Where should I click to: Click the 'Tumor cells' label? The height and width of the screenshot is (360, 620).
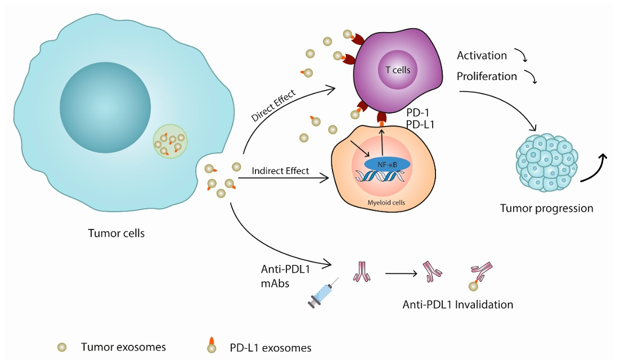(116, 233)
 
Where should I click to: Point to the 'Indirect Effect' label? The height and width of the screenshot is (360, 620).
(281, 171)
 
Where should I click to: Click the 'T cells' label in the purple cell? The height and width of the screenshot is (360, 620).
(397, 71)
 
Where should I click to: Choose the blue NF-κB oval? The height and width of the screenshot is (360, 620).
(387, 163)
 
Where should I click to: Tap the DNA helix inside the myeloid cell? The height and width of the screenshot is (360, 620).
(381, 177)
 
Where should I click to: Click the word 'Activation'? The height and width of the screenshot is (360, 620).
(482, 56)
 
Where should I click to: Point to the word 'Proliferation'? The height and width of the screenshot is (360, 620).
(487, 76)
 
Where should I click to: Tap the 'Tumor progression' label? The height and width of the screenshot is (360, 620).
(546, 209)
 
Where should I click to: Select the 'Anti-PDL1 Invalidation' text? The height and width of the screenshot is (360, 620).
(458, 304)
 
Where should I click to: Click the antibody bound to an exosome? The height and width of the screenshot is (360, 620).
(480, 275)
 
